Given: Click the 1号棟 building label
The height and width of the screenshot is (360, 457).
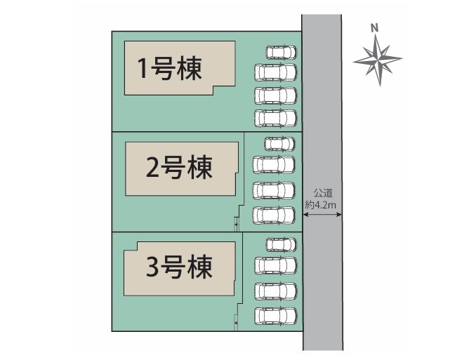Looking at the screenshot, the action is click(170, 69).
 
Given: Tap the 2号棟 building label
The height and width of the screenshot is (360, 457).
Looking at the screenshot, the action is click(179, 167).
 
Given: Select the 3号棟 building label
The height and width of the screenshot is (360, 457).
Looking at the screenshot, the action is click(179, 267).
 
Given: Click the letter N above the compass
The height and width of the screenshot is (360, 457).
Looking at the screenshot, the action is click(375, 28).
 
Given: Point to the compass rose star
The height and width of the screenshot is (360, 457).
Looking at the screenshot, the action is click(378, 60).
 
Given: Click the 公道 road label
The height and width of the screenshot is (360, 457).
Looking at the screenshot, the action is click(323, 193).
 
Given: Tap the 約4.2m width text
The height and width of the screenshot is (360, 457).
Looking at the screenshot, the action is click(320, 205).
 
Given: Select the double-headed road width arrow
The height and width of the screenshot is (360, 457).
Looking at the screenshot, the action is click(322, 215).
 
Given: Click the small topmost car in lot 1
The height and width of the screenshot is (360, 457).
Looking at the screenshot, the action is click(282, 53).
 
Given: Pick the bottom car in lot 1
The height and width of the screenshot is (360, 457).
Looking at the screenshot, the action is click(275, 118).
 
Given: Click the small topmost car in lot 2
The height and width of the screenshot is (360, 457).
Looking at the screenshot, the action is click(279, 144).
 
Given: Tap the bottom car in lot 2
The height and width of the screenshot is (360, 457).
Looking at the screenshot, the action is click(274, 215).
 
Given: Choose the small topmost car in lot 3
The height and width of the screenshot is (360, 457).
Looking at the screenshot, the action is click(282, 245).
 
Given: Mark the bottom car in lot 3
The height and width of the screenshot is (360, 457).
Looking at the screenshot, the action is click(275, 316).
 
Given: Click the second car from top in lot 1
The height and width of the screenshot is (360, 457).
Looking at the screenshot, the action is click(275, 72).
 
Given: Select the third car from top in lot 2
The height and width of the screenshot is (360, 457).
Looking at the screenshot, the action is click(274, 190).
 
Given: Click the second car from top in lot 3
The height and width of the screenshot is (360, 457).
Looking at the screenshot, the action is click(275, 266).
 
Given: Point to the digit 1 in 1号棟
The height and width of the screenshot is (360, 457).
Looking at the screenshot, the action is click(143, 69).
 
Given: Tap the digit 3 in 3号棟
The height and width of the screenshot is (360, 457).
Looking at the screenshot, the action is click(152, 267).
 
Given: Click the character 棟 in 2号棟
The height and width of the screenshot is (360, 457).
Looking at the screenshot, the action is click(199, 167).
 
